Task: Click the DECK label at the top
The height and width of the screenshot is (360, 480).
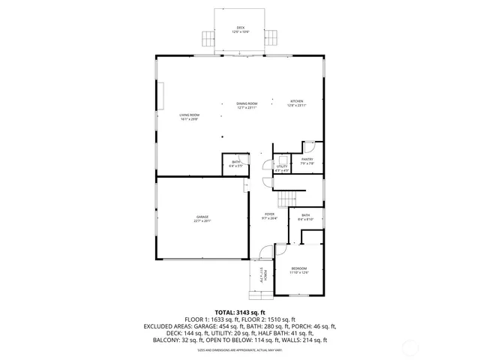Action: tap(241, 28)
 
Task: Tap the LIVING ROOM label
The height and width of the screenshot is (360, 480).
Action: tap(188, 115)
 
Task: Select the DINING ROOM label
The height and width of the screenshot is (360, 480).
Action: tap(247, 103)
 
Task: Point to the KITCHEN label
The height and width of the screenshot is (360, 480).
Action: tap(297, 101)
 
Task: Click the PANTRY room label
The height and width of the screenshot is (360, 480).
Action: tap(307, 159)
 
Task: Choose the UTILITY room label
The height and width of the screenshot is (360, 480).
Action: tap(282, 167)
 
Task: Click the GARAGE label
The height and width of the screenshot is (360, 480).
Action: tap(202, 217)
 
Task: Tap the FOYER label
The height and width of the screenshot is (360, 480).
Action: tap(269, 214)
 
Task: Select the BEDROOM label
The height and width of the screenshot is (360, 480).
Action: tap(299, 268)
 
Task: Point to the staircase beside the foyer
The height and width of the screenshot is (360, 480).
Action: tap(288, 198)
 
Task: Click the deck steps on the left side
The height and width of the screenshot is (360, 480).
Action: tap(206, 37)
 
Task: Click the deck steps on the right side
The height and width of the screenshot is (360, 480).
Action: tap(274, 37)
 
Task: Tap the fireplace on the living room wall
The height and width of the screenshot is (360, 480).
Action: tap(160, 96)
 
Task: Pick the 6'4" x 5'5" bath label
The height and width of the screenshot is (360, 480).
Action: tap(235, 165)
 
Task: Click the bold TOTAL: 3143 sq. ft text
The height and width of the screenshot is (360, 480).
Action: tap(240, 312)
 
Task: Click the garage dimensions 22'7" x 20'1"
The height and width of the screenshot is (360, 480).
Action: tap(202, 221)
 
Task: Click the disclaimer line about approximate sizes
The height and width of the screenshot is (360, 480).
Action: tap(240, 349)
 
